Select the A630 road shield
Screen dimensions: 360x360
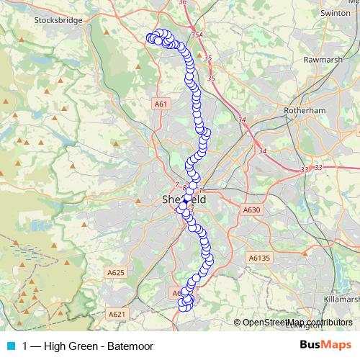[x=251, y=210]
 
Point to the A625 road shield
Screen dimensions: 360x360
[x=115, y=272]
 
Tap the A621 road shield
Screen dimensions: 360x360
[x=115, y=314]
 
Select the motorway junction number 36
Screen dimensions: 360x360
[x=182, y=3]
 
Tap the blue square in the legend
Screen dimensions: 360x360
[x=11, y=346]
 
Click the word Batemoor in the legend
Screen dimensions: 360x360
[x=130, y=346]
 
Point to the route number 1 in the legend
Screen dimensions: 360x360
[x=26, y=346]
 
